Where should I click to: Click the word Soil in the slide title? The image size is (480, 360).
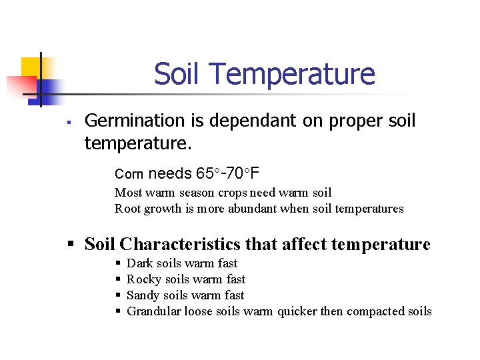pyautogui.click(x=176, y=74)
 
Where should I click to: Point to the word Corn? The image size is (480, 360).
pyautogui.click(x=129, y=175)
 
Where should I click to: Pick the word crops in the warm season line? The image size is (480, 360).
pyautogui.click(x=231, y=193)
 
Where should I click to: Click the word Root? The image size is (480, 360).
pyautogui.click(x=127, y=209)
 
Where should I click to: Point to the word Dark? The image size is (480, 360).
pyautogui.click(x=139, y=263)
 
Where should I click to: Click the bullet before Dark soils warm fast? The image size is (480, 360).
pyautogui.click(x=119, y=264)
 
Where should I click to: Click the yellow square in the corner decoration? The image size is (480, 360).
pyautogui.click(x=30, y=67)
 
